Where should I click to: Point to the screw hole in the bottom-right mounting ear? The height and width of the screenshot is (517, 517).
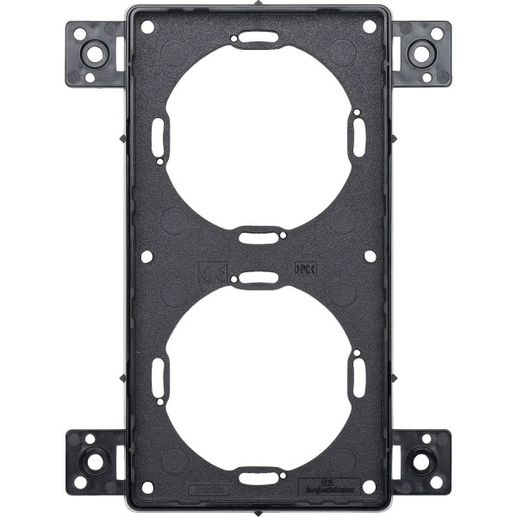tap(422, 461)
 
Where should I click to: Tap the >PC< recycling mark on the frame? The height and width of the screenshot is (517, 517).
tap(306, 268)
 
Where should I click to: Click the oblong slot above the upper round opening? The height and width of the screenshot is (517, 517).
tap(258, 38)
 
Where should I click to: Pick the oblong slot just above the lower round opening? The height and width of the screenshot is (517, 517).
tap(258, 278)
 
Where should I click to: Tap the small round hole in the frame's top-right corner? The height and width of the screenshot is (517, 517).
tap(369, 27)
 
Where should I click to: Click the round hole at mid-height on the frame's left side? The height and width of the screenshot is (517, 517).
tap(147, 256)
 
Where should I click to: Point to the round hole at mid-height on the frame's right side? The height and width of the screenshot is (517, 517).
tap(370, 256)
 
